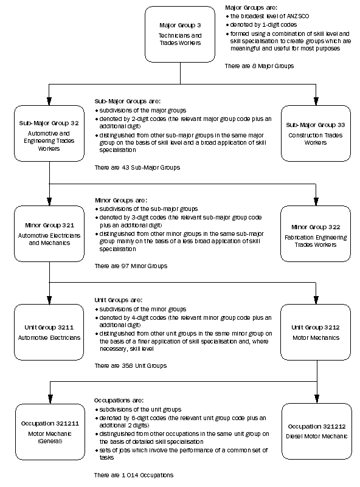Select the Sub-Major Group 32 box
(49, 133)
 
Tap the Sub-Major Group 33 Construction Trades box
(316, 133)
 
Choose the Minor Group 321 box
(49, 233)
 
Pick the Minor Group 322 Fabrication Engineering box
(316, 233)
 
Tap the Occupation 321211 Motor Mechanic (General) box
(49, 431)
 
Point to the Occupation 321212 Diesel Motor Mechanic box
(316, 431)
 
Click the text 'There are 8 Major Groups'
(259, 65)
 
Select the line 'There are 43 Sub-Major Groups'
(137, 167)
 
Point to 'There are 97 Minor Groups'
(131, 266)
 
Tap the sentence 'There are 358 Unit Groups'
(130, 365)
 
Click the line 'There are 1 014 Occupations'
(134, 474)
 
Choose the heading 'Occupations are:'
(119, 401)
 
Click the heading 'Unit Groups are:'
(119, 300)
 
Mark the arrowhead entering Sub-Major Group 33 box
(316, 102)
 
